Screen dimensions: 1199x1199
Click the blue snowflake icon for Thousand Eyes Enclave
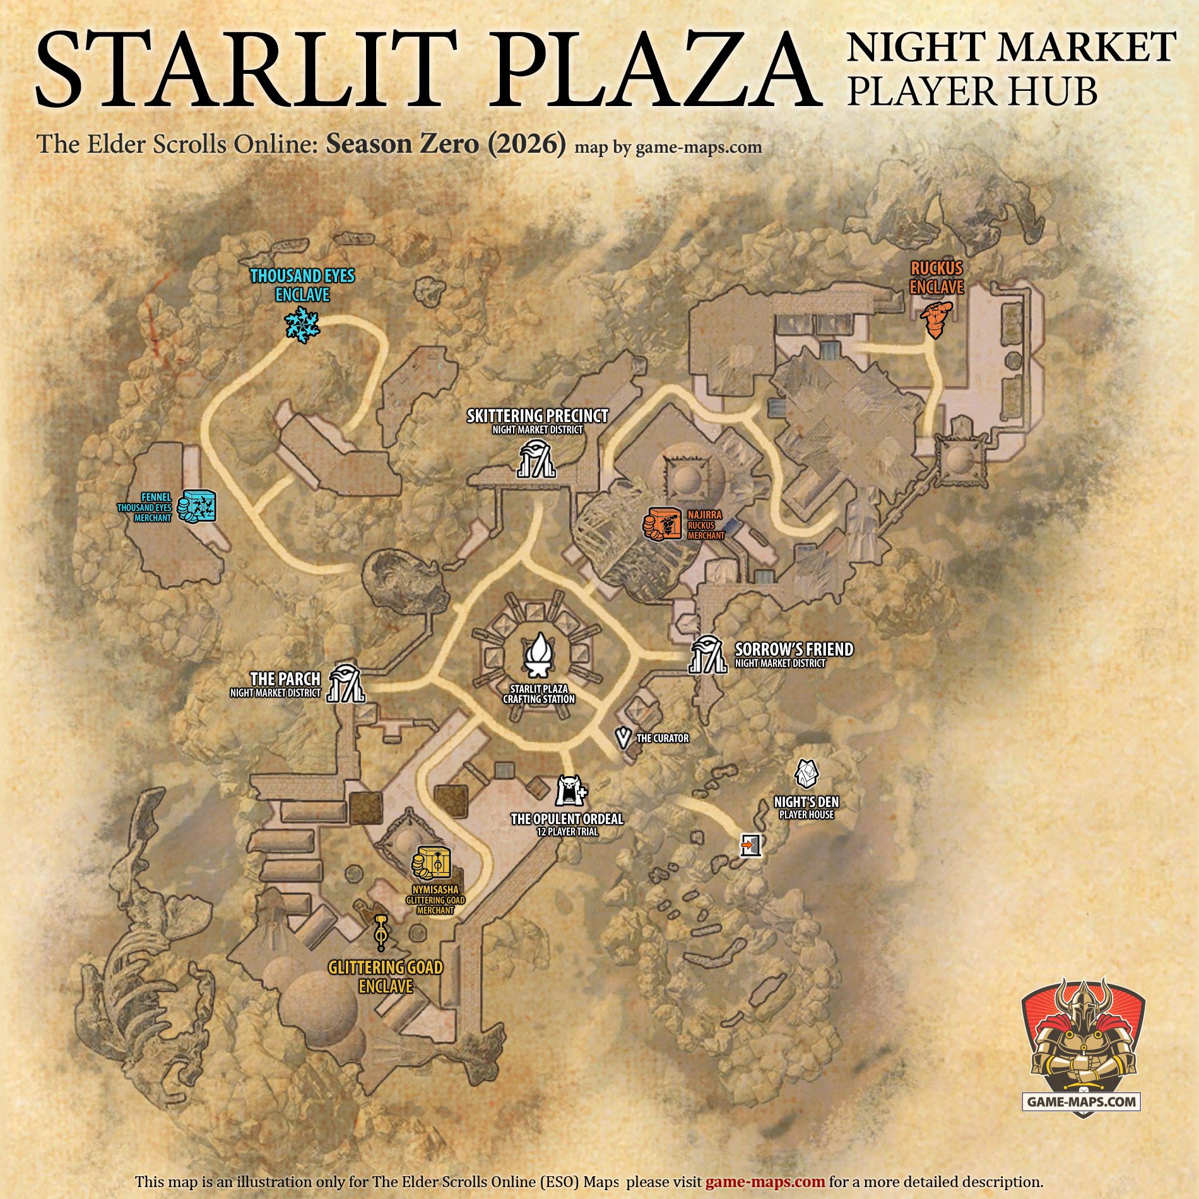302,325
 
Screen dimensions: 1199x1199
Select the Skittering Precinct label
538,416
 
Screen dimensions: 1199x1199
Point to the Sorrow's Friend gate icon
707,654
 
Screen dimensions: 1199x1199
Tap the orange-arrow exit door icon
750,844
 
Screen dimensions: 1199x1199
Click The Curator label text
663,738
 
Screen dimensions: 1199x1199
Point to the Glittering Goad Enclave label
386,976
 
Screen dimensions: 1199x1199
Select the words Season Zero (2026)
445,145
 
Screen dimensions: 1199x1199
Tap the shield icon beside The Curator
623,738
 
